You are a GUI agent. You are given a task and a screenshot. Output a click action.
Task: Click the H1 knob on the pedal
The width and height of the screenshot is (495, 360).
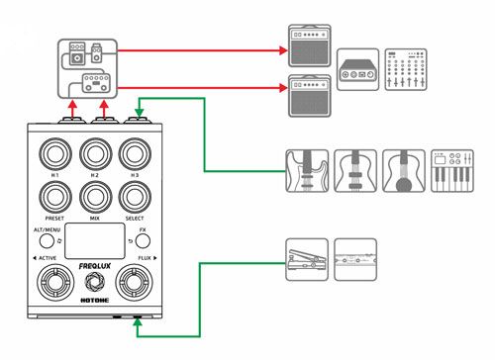pos(55,154)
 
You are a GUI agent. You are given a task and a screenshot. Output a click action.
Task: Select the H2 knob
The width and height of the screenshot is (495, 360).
pos(96,154)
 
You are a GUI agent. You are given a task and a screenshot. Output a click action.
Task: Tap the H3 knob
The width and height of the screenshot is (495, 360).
pos(135,154)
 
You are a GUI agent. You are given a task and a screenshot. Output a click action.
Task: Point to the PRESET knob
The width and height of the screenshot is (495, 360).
pos(55,197)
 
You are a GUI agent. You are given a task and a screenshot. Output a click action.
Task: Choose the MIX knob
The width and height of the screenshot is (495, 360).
pos(96,197)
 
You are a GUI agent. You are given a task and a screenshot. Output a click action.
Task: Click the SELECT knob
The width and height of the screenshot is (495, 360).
pos(135,197)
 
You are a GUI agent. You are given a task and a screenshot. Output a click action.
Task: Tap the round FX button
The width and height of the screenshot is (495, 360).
pos(143,241)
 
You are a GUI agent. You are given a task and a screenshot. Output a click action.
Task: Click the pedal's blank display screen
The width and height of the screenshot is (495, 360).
pos(95,241)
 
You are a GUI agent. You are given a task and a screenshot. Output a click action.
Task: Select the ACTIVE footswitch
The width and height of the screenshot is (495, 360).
pos(55,282)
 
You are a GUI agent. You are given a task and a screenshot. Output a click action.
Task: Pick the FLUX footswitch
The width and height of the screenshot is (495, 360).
pos(134,282)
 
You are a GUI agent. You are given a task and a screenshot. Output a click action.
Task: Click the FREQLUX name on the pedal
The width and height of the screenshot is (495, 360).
pos(95,266)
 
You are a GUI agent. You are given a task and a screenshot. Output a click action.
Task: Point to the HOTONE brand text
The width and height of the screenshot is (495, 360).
pos(95,300)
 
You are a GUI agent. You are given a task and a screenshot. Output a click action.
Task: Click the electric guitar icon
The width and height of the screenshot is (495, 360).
pos(307,171)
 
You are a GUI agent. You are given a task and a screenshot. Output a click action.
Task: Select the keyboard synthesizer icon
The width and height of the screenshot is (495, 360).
pos(452,171)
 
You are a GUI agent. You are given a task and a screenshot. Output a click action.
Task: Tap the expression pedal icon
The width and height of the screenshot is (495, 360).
pos(307,260)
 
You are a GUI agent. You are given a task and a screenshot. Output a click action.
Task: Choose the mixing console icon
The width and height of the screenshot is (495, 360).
pos(406,69)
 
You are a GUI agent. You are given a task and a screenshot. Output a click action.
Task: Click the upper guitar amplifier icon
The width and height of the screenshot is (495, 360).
pos(310,45)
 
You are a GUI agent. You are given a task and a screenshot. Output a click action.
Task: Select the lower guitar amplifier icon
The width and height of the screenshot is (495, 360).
pos(310,96)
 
